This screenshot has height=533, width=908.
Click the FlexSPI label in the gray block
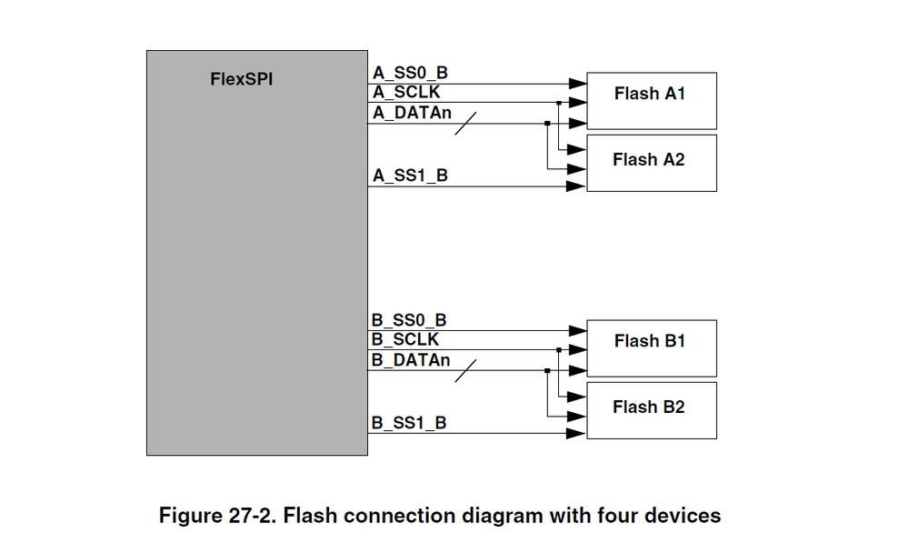[241, 79]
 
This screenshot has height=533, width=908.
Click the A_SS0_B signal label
[409, 73]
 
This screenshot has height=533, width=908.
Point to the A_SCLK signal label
[406, 92]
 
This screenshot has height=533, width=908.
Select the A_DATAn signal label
[412, 113]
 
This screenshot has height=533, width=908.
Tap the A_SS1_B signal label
[410, 176]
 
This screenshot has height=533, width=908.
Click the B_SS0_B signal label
[409, 320]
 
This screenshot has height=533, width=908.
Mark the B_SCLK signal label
[405, 339]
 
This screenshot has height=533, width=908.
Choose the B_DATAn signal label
[411, 360]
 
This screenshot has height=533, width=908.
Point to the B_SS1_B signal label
[409, 423]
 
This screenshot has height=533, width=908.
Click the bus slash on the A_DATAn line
[464, 124]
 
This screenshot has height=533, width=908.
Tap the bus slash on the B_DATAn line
[464, 371]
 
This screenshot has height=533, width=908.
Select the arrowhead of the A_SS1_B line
[575, 186]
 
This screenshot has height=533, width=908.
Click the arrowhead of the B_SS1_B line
[575, 434]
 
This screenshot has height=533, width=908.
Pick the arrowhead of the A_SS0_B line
[575, 84]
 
